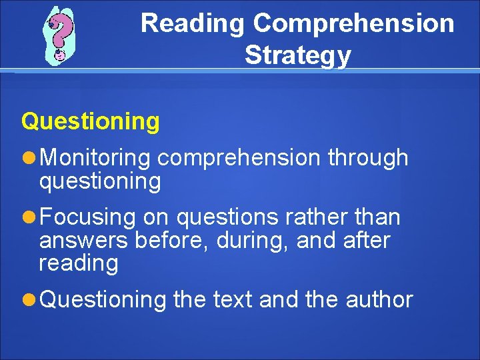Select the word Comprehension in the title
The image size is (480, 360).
click(x=353, y=23)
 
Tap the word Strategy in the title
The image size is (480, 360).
click(x=297, y=55)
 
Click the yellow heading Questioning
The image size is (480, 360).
click(x=91, y=121)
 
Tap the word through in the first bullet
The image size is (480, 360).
click(x=368, y=158)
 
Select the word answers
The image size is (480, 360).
click(x=84, y=240)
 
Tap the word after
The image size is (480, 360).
click(x=367, y=240)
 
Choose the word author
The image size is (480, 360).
click(x=379, y=299)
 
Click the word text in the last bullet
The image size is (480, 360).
click(x=233, y=299)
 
